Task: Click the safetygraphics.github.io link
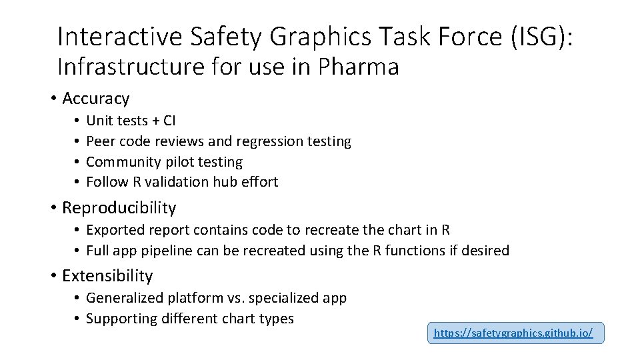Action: [x=513, y=332]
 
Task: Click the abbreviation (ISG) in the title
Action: [x=540, y=37]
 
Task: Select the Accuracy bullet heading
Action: [x=95, y=99]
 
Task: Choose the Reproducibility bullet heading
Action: [x=119, y=207]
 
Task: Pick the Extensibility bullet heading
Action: [x=107, y=275]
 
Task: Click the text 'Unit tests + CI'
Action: [x=131, y=121]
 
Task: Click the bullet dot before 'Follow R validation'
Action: [x=77, y=181]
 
